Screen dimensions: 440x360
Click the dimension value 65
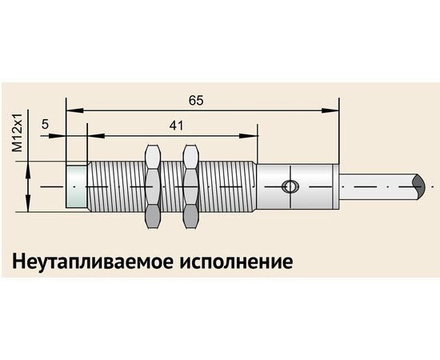click(x=195, y=101)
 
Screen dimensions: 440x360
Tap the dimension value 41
click(x=176, y=126)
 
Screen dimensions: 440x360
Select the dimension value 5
click(x=45, y=124)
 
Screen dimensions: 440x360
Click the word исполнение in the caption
click(x=236, y=262)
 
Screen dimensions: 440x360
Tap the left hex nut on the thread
click(x=153, y=186)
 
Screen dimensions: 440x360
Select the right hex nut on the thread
click(x=191, y=186)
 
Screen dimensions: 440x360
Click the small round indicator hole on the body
click(x=290, y=186)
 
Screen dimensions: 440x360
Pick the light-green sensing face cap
click(x=76, y=186)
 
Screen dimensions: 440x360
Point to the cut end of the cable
click(x=418, y=187)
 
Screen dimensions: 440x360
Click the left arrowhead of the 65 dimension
click(x=75, y=110)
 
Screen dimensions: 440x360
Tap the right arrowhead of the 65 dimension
click(x=330, y=110)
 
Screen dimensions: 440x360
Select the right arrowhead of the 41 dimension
click(x=248, y=136)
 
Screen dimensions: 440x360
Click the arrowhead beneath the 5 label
click(x=58, y=136)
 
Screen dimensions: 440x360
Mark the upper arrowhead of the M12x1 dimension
click(x=28, y=170)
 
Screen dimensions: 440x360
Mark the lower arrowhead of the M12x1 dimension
click(x=28, y=203)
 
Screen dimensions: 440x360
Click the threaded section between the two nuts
click(x=172, y=186)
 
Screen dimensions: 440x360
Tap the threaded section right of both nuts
click(x=227, y=186)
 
